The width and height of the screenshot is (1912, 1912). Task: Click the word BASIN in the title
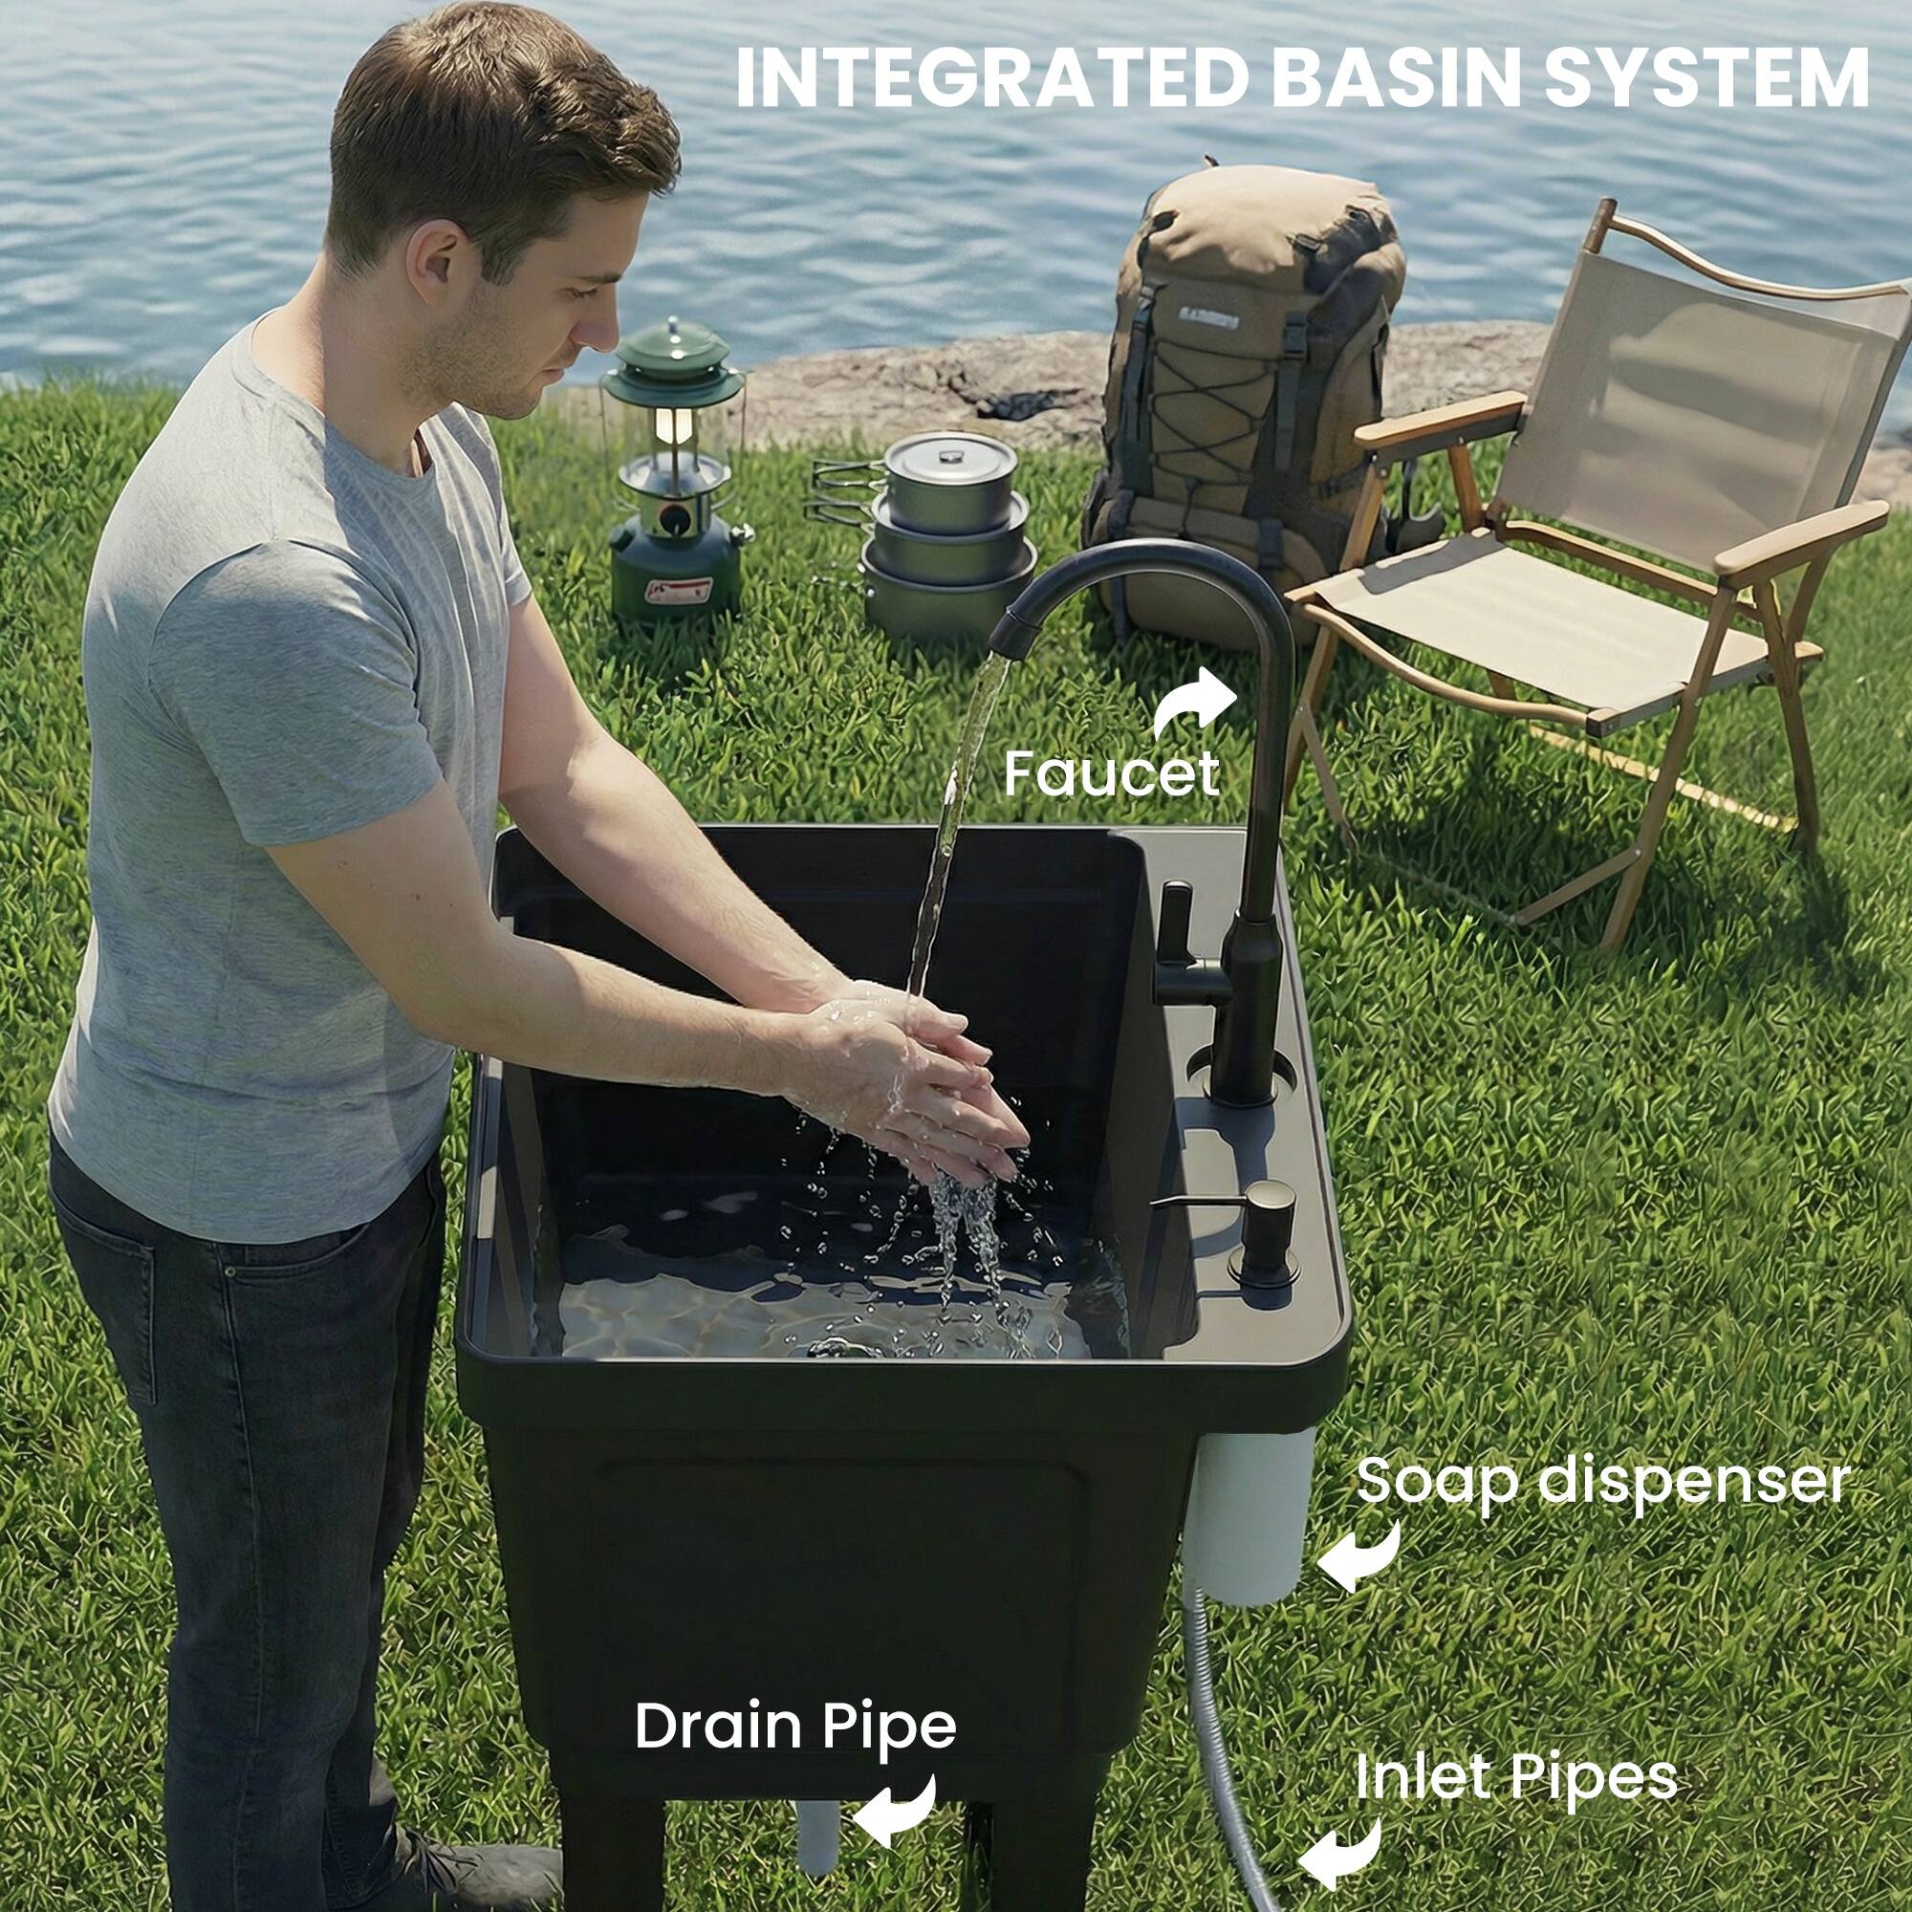point(1395,78)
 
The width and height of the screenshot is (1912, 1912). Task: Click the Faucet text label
point(1110,775)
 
